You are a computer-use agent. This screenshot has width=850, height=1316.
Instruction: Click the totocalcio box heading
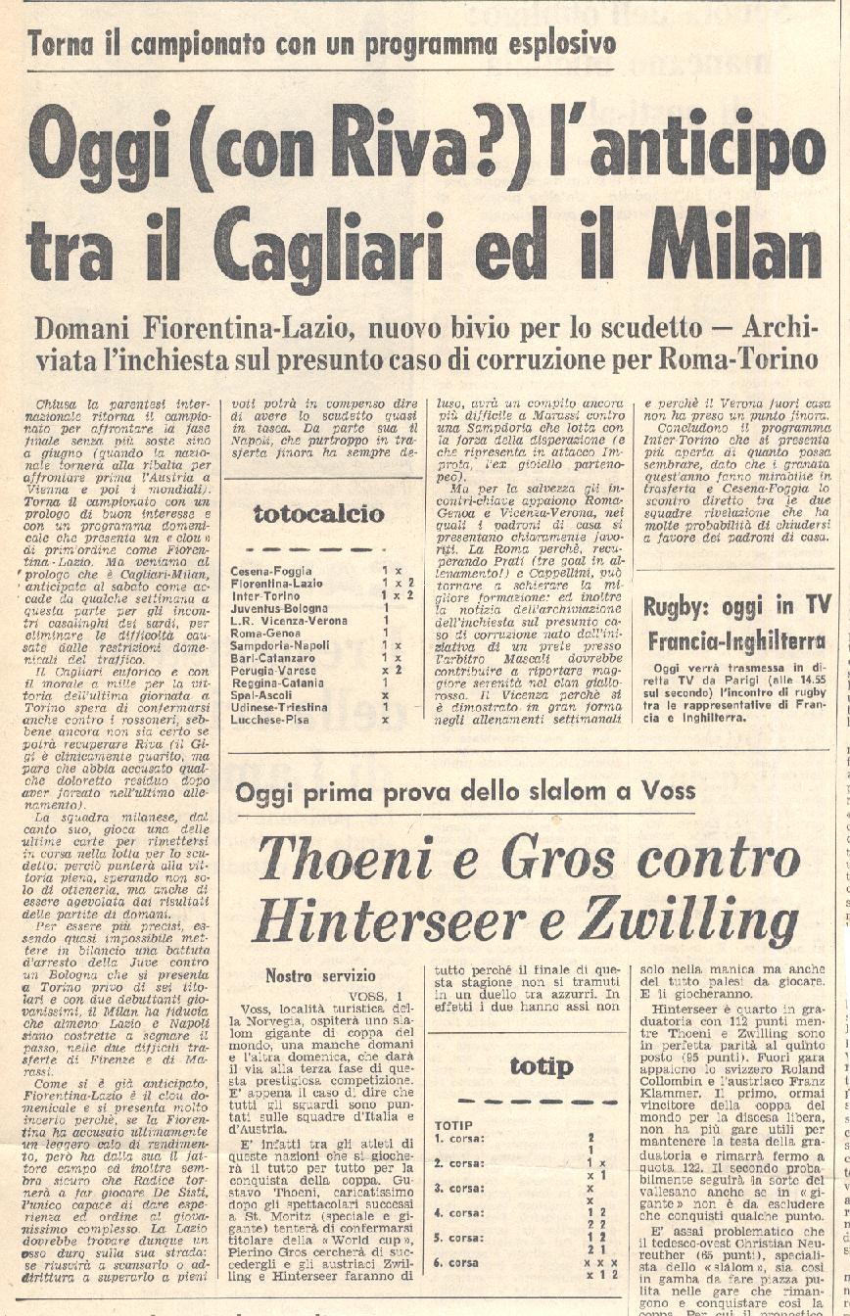point(319,513)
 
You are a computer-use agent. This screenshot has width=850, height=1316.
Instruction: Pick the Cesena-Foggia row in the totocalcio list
point(271,571)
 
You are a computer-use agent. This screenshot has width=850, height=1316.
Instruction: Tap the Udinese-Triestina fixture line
point(279,706)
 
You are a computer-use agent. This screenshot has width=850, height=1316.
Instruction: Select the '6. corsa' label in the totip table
point(456,1263)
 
